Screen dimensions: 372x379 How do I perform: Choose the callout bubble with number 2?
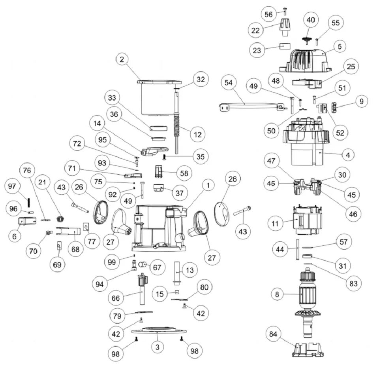[x=122, y=60]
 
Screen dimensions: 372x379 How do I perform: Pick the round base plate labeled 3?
[x=158, y=332]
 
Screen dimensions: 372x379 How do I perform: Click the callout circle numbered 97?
[x=12, y=186]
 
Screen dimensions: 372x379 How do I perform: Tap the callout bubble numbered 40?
[x=311, y=20]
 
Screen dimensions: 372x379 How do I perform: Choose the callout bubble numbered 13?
[x=190, y=270]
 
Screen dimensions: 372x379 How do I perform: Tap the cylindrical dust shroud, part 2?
[x=156, y=98]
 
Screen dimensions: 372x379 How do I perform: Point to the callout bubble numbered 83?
[x=353, y=283]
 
